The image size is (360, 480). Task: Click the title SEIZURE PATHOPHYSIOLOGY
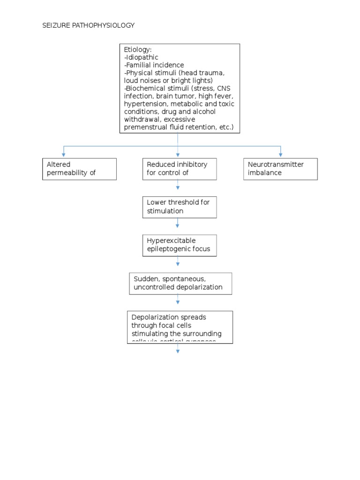click(89, 25)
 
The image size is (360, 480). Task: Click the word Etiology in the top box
click(137, 49)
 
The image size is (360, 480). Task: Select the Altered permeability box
click(79, 169)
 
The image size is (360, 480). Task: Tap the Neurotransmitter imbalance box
click(280, 169)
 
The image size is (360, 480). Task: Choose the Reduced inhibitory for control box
click(180, 169)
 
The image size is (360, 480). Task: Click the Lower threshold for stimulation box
click(180, 207)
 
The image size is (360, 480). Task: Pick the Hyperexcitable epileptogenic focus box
click(180, 245)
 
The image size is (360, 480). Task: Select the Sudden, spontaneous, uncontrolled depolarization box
click(180, 283)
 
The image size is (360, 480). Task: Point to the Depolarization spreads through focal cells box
click(180, 327)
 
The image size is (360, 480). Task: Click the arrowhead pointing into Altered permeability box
click(64, 154)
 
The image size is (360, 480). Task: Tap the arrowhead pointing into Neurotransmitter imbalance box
click(280, 154)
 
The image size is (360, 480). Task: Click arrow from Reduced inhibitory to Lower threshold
click(178, 187)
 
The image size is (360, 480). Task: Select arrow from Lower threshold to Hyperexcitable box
click(178, 226)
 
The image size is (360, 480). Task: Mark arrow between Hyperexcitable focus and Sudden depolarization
click(178, 264)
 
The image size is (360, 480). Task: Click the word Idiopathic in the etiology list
click(142, 57)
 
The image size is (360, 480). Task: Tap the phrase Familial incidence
click(154, 65)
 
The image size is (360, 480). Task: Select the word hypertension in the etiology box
click(146, 104)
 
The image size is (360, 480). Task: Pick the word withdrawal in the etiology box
click(141, 120)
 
